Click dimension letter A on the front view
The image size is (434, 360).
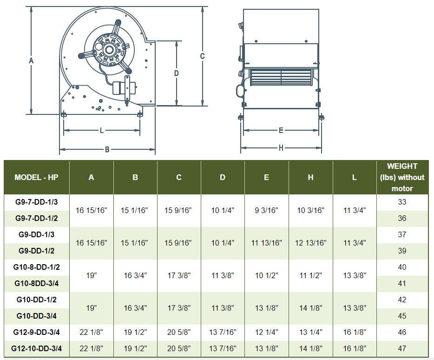[31, 60]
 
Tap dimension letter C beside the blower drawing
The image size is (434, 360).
[203, 56]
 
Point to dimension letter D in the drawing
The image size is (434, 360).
[176, 73]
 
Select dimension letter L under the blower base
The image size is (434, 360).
[102, 130]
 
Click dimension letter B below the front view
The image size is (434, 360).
[107, 150]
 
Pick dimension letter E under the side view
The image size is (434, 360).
[281, 130]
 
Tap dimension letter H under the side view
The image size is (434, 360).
[281, 148]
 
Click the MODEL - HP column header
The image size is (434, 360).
[37, 177]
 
